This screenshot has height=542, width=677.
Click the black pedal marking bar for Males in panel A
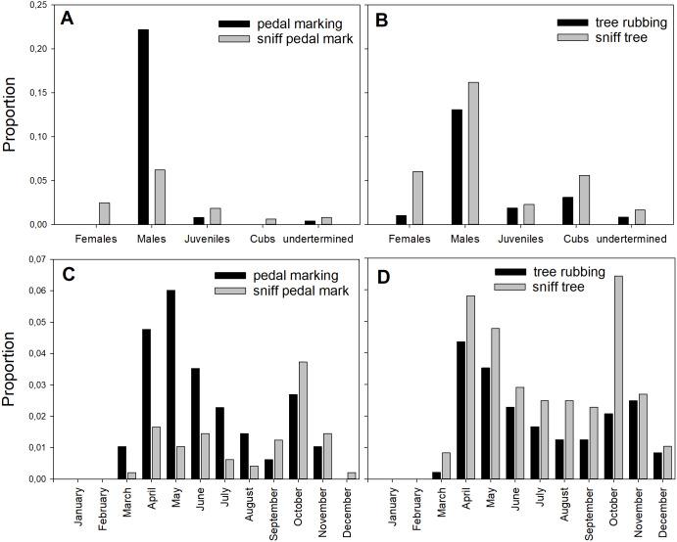pos(143,126)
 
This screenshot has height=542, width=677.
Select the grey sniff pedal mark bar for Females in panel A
pos(104,213)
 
